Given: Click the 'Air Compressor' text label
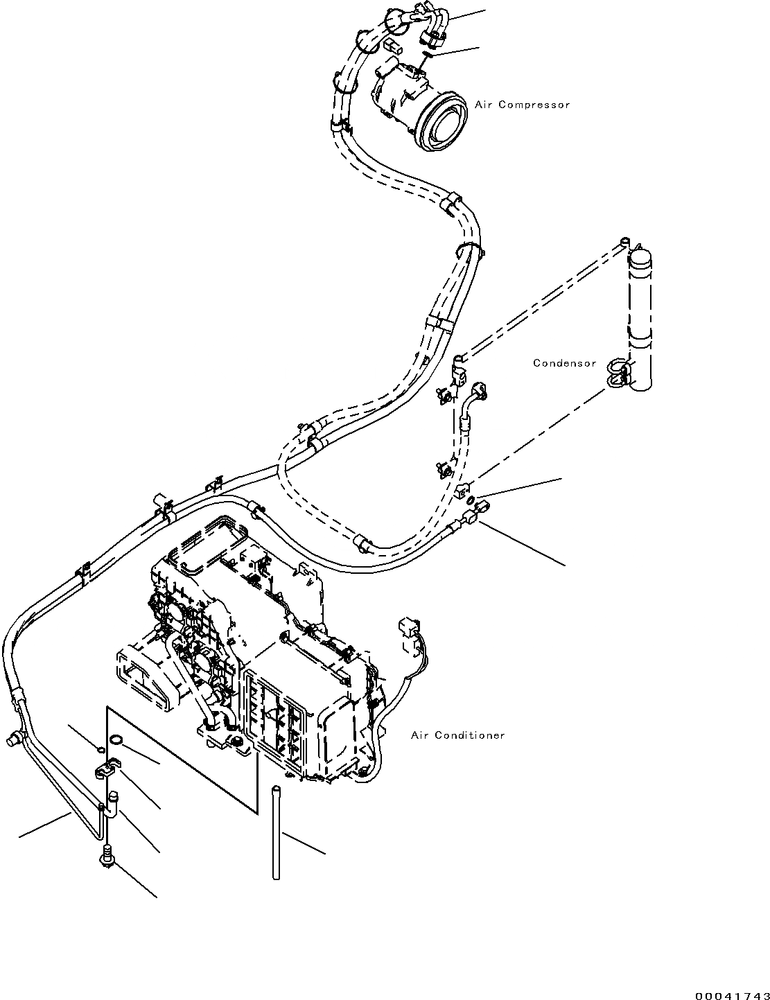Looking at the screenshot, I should pos(522,105).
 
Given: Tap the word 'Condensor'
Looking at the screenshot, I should pos(564,363).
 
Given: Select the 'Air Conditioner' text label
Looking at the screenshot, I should pos(457,735).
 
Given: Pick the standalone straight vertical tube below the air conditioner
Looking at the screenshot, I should pos(276,832).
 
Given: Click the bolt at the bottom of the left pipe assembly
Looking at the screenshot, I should pos(107,857).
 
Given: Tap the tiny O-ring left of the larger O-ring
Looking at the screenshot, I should pos(101,749).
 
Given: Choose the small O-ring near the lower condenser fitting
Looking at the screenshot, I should pos(470,500).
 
